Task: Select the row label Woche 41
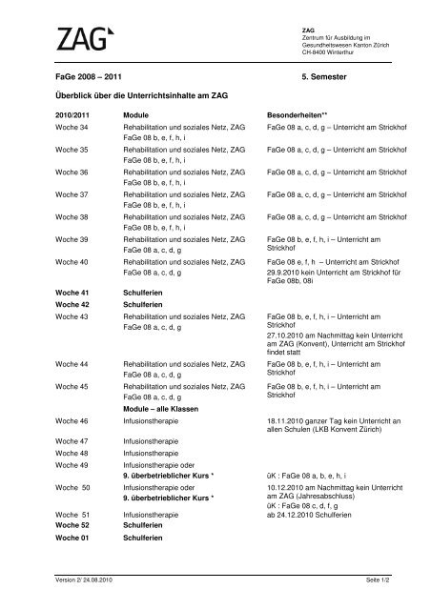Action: point(72,290)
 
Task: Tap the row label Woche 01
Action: point(72,539)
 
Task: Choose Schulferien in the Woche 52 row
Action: point(145,526)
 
